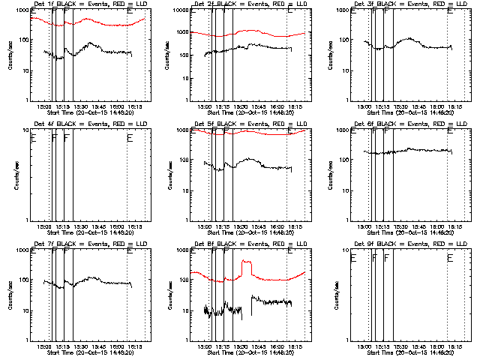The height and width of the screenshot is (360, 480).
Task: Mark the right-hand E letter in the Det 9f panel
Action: coord(450,258)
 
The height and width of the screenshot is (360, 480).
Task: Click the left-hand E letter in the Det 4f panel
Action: coord(33,138)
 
